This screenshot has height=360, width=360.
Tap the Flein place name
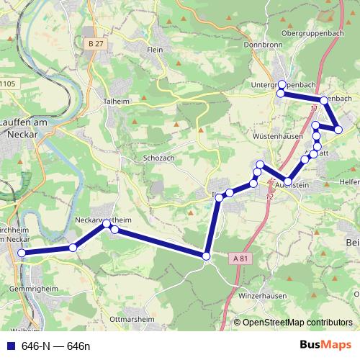coord(155,50)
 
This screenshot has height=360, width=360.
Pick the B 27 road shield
coord(91,45)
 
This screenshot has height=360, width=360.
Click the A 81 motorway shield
coord(241,258)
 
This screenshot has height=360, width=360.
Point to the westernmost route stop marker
coord(22,253)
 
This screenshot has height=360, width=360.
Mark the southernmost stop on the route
coord(207,256)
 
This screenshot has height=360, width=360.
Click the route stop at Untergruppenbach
coord(282,84)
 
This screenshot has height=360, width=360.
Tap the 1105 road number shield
coord(8,84)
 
